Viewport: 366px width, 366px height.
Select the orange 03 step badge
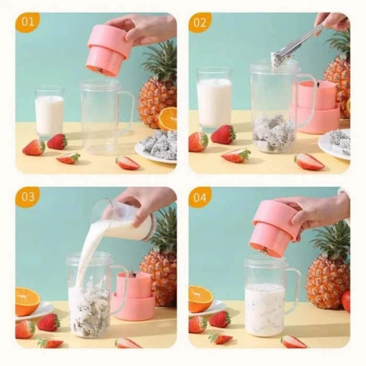click(x=27, y=197)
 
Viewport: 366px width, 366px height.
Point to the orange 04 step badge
click(x=200, y=197)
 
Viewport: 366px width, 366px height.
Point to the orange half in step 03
click(x=27, y=301)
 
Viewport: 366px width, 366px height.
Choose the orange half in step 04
click(x=200, y=299)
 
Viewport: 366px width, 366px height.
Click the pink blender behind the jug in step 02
click(x=319, y=107)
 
